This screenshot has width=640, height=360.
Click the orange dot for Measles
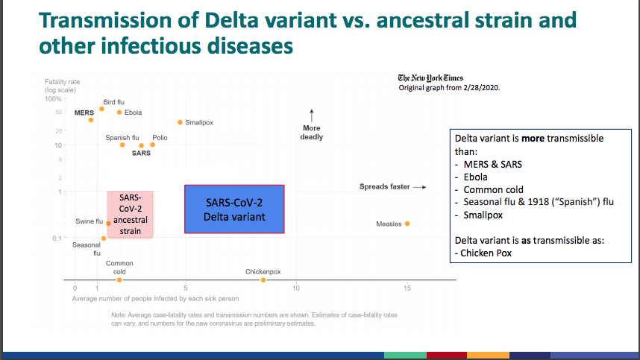click(x=407, y=224)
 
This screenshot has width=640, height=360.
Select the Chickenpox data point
click(x=263, y=280)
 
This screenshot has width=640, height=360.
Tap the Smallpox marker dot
click(x=180, y=122)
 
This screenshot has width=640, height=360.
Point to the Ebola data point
click(x=119, y=113)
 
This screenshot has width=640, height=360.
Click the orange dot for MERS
click(x=91, y=120)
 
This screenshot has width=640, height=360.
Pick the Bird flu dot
click(x=101, y=109)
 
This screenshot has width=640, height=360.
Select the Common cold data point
click(x=119, y=280)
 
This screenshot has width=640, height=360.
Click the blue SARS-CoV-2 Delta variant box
click(x=234, y=209)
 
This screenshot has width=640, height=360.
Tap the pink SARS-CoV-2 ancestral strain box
click(x=131, y=215)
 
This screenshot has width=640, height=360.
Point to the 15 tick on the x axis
click(x=407, y=288)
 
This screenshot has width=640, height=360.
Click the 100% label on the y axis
click(x=53, y=98)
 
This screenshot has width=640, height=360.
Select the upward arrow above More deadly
click(x=312, y=116)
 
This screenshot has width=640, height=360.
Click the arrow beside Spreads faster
click(x=419, y=187)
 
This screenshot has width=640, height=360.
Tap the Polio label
click(x=160, y=138)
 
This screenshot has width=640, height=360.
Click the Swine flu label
click(x=89, y=222)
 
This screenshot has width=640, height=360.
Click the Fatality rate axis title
click(x=62, y=80)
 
